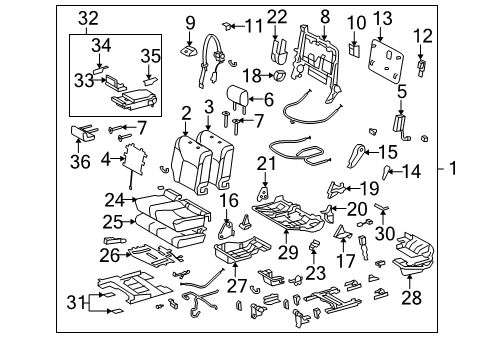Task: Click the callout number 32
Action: [88, 18]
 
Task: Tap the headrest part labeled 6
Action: [237, 96]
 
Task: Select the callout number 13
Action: [383, 18]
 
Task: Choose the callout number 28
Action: [412, 297]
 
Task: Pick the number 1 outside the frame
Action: [453, 168]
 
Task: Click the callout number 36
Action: [80, 162]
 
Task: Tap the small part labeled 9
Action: [188, 50]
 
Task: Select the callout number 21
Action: [267, 164]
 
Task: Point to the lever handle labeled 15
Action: [355, 155]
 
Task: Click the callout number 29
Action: [288, 252]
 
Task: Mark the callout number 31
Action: [76, 303]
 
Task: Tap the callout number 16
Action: [229, 200]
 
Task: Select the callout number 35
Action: [151, 56]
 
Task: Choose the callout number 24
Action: [115, 200]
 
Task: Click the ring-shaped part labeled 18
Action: [280, 76]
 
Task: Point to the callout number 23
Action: [316, 273]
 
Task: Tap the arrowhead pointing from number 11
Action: [233, 26]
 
